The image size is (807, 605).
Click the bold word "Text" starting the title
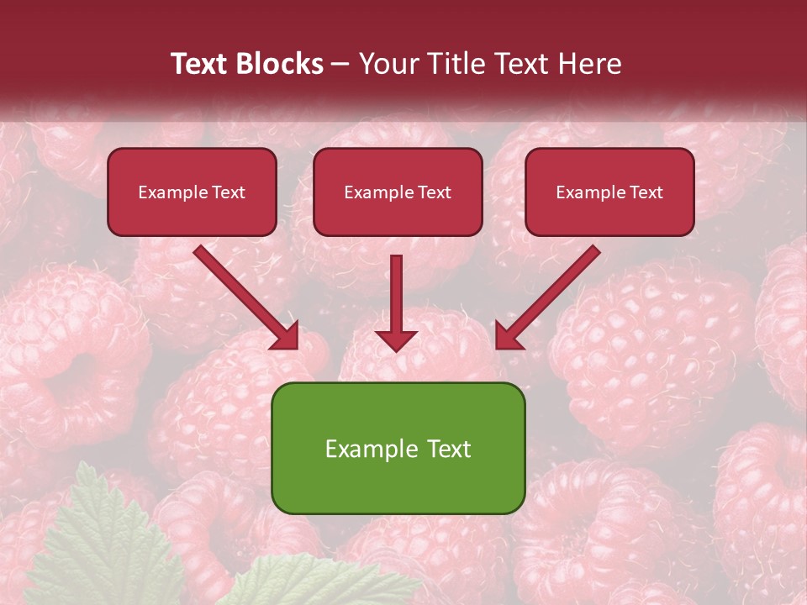pos(202,64)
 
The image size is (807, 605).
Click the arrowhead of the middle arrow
pos(396,339)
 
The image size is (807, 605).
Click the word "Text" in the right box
pos(646,192)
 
